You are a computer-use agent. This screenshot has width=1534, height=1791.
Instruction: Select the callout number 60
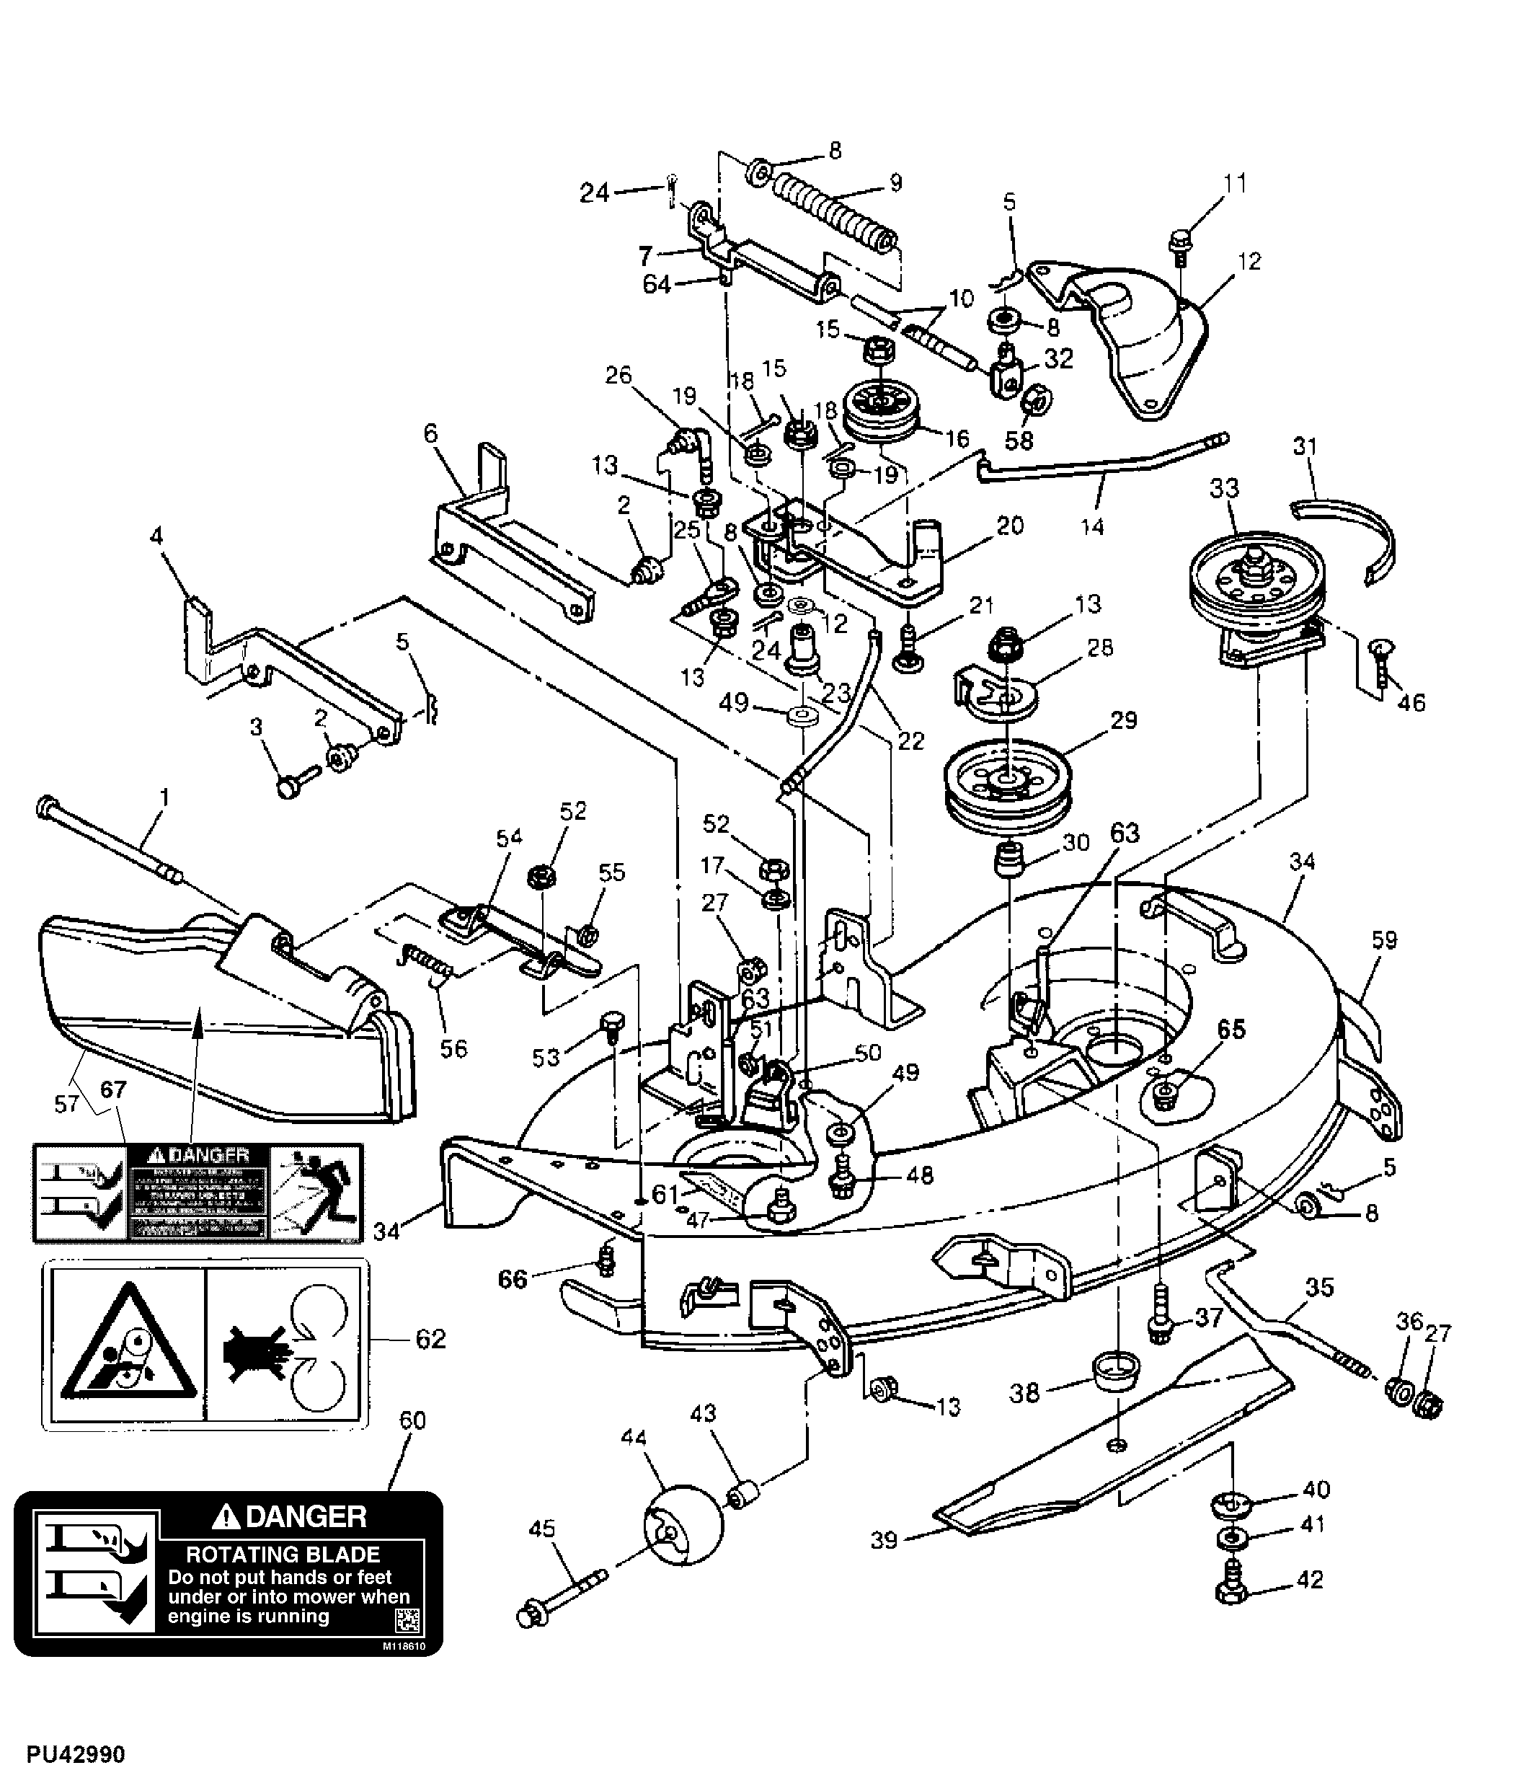point(412,1421)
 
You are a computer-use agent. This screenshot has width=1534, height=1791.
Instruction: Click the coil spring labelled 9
point(835,210)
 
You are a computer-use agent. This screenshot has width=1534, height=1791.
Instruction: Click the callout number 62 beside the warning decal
point(430,1339)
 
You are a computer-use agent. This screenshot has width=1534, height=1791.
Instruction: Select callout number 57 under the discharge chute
point(66,1104)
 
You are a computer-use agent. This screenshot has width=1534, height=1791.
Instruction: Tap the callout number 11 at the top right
point(1235,183)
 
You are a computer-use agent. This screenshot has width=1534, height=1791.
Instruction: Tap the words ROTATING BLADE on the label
point(283,1555)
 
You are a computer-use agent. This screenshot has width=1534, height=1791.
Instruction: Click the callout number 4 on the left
point(156,536)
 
